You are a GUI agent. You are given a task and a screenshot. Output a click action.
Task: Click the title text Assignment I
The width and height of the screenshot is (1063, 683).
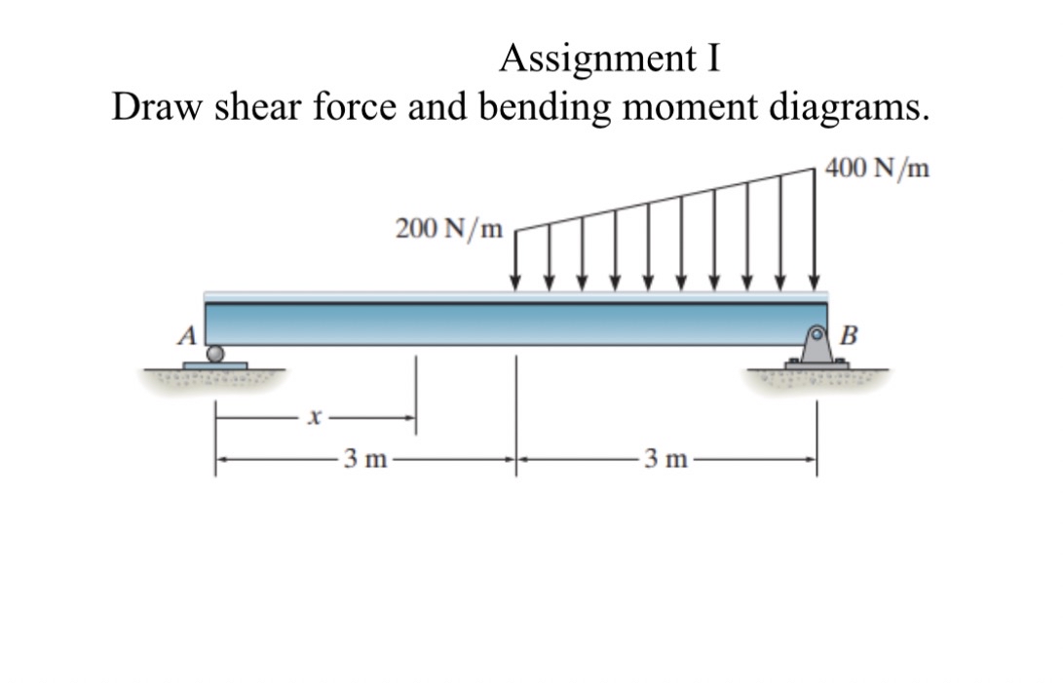[x=611, y=60]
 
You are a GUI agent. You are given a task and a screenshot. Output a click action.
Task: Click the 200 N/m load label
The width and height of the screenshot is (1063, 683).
[x=449, y=229]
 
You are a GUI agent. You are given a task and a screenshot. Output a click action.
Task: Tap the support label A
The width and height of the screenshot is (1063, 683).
[x=187, y=335]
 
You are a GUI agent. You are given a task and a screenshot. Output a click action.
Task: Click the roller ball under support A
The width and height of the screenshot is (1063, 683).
[x=221, y=354]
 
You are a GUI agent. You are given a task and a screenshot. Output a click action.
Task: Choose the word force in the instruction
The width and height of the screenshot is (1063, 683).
[x=354, y=107]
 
